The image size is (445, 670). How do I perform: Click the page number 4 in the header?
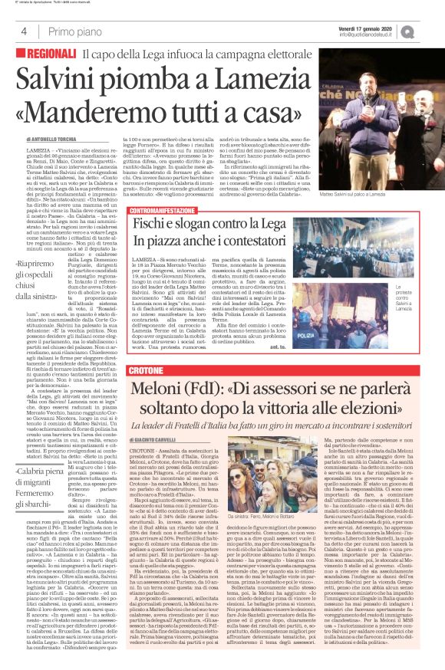click(x=24, y=31)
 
